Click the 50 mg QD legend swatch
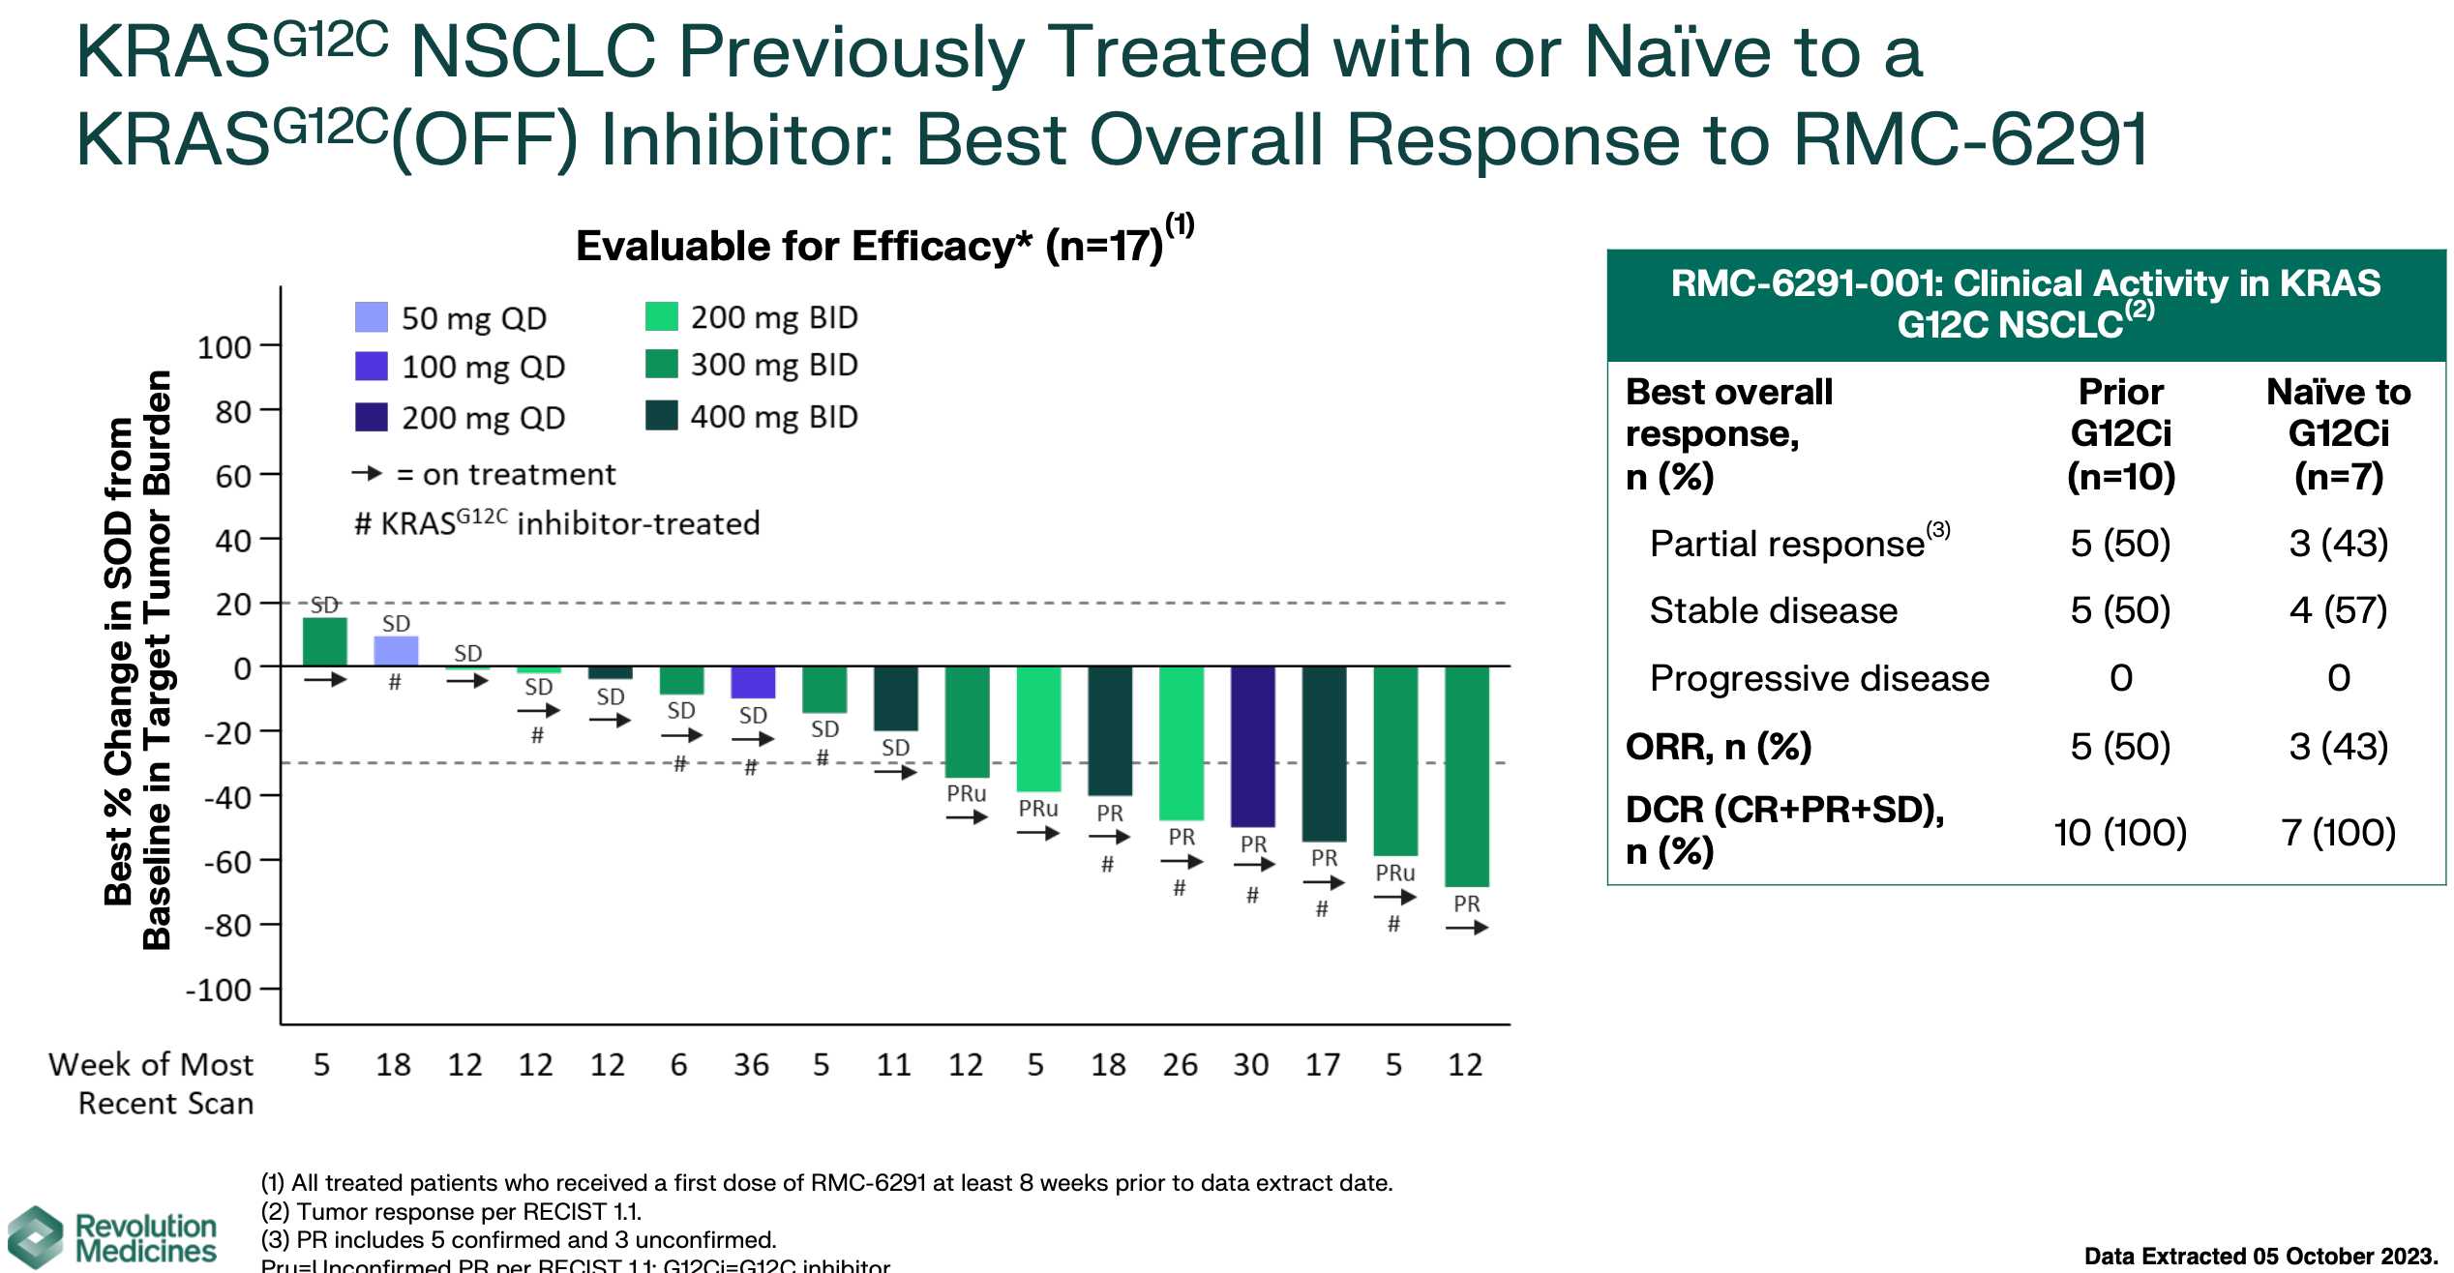pos(372,317)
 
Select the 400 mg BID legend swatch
pos(662,416)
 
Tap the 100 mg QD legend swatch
pos(372,367)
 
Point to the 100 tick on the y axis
pos(224,346)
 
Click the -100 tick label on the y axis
pos(219,991)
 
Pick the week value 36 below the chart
pos(751,1065)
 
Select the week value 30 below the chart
pos(1251,1065)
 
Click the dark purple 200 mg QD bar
pos(1253,746)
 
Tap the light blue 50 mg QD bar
pos(396,651)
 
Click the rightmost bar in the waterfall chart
pos(1467,776)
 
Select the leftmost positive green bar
pos(325,642)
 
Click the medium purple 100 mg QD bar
pos(753,682)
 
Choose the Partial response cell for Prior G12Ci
pos(2120,544)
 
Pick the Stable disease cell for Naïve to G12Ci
pos(2338,610)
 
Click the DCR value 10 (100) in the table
pos(2120,832)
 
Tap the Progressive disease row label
pos(1819,678)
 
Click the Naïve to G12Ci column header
pos(2338,432)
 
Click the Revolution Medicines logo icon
pos(36,1237)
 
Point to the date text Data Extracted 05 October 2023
pos(2259,1257)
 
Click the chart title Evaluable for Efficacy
pos(868,246)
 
